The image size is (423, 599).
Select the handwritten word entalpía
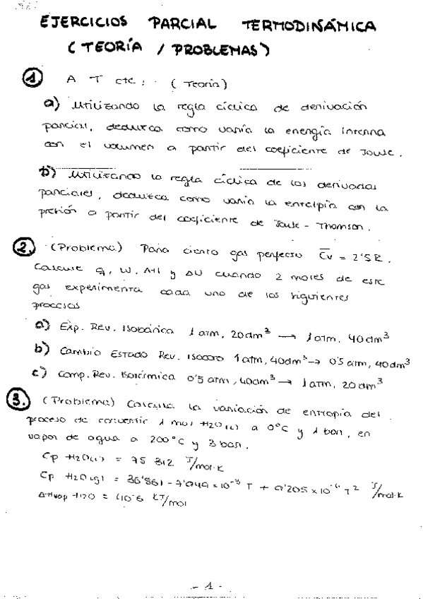pyautogui.click(x=312, y=206)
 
